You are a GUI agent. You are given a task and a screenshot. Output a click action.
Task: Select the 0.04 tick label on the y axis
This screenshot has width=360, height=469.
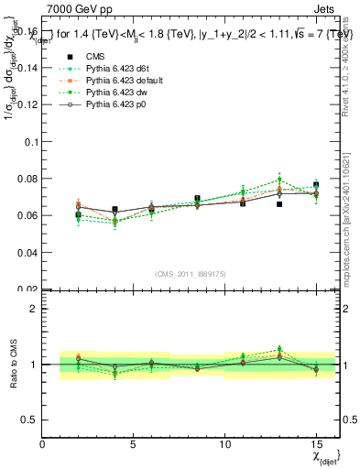click(27, 252)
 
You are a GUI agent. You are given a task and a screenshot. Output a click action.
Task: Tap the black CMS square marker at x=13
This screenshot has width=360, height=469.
click(279, 204)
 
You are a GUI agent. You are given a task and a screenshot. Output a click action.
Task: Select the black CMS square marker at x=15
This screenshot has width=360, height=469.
click(316, 185)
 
